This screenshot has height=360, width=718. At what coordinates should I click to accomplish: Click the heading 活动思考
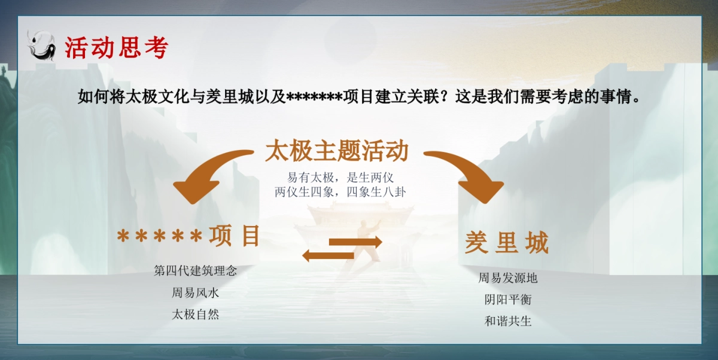point(117,48)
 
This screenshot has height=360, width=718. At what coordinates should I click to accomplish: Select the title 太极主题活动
point(336,151)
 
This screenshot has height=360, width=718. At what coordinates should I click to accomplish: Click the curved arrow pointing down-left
point(206,173)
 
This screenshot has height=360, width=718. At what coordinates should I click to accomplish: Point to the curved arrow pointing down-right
point(470,173)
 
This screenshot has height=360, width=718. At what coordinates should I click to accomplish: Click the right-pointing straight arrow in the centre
point(356,242)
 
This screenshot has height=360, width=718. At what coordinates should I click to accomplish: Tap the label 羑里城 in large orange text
point(507,243)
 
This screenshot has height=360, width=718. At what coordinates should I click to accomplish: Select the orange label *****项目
point(189,236)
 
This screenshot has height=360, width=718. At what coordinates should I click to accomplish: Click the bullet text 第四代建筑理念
point(196,270)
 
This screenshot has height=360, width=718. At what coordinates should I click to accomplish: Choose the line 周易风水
point(196,292)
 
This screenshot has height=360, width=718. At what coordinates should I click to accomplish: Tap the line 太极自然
point(196,314)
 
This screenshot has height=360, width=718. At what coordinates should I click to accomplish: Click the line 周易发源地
point(508,278)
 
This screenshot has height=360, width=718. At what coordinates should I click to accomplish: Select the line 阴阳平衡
point(508,300)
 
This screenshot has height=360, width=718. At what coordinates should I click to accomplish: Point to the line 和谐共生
point(508,321)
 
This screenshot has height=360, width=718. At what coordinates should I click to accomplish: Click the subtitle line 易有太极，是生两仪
point(340,178)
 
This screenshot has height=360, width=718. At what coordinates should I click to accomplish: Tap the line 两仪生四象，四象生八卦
point(340,192)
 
